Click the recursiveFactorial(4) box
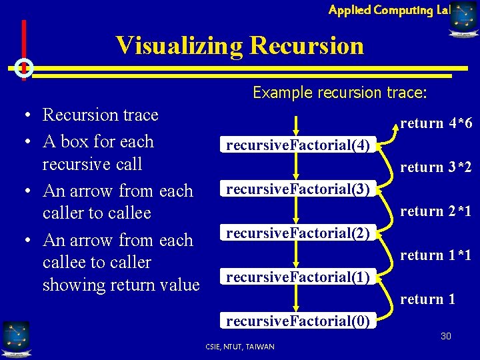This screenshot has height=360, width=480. tap(297, 145)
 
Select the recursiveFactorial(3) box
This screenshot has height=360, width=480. tap(297, 189)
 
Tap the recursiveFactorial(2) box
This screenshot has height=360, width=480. tap(297, 233)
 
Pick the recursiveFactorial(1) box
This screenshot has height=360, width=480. tap(297, 277)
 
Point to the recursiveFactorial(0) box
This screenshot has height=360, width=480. tap(297, 321)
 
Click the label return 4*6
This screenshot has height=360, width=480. tap(436, 123)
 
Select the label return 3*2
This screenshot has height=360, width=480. tap(436, 167)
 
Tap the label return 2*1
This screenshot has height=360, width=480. tap(436, 211)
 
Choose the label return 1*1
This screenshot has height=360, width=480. tap(436, 255)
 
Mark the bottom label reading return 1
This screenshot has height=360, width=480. tap(427, 299)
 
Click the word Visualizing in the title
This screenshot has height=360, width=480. tap(179, 45)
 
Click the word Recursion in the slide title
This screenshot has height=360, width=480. tap(307, 45)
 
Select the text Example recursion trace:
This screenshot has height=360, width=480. tap(339, 93)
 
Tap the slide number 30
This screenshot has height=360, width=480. tap(445, 336)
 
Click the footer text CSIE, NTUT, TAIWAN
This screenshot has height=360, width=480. tap(239, 347)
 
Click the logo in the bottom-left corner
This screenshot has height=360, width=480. tap(15, 338)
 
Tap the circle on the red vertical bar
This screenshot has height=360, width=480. tap(24, 67)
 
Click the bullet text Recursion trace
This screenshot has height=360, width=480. tap(100, 115)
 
